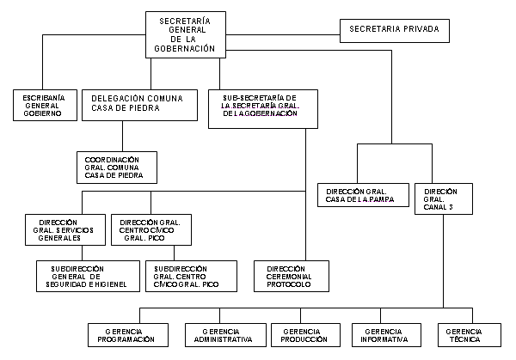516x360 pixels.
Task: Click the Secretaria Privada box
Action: tap(395, 31)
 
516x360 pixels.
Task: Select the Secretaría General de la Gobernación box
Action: tap(186, 35)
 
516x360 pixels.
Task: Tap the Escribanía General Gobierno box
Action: tap(45, 105)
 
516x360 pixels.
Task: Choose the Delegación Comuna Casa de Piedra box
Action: tap(139, 105)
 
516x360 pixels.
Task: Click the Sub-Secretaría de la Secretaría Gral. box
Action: tap(263, 109)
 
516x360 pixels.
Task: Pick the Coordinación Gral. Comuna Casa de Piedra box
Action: tap(117, 168)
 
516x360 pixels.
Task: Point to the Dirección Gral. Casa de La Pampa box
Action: tap(363, 195)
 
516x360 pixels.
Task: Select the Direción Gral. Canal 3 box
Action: tap(444, 199)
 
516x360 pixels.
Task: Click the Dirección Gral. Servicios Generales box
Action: tap(65, 229)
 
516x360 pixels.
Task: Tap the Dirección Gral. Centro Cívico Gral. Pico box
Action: tap(151, 229)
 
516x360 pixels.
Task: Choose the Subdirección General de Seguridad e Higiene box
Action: tap(88, 276)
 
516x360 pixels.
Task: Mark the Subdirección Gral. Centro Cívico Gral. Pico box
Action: tap(191, 276)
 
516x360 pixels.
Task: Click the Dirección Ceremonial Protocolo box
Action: tap(292, 276)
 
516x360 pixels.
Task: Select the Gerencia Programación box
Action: tap(128, 335)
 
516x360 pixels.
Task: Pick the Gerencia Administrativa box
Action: tap(225, 335)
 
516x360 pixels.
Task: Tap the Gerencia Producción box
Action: tap(305, 335)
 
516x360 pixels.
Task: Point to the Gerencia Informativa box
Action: tap(386, 335)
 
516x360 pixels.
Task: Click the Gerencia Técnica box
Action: tap(470, 335)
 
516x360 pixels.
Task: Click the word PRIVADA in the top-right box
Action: tap(421, 29)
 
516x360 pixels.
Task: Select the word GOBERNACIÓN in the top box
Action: tap(184, 49)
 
